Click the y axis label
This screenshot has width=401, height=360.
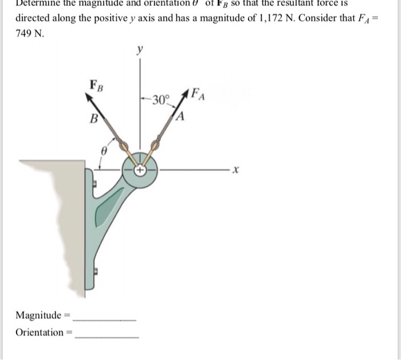click(x=137, y=51)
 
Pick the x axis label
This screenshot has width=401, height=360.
click(x=235, y=170)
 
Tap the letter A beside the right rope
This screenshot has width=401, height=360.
click(x=180, y=118)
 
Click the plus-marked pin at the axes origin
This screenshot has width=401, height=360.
click(x=140, y=170)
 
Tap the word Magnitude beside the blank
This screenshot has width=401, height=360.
click(x=38, y=315)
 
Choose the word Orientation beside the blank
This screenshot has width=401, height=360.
click(x=40, y=332)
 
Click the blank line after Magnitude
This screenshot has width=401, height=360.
click(x=105, y=319)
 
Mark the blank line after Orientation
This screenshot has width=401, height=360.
click(x=107, y=336)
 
